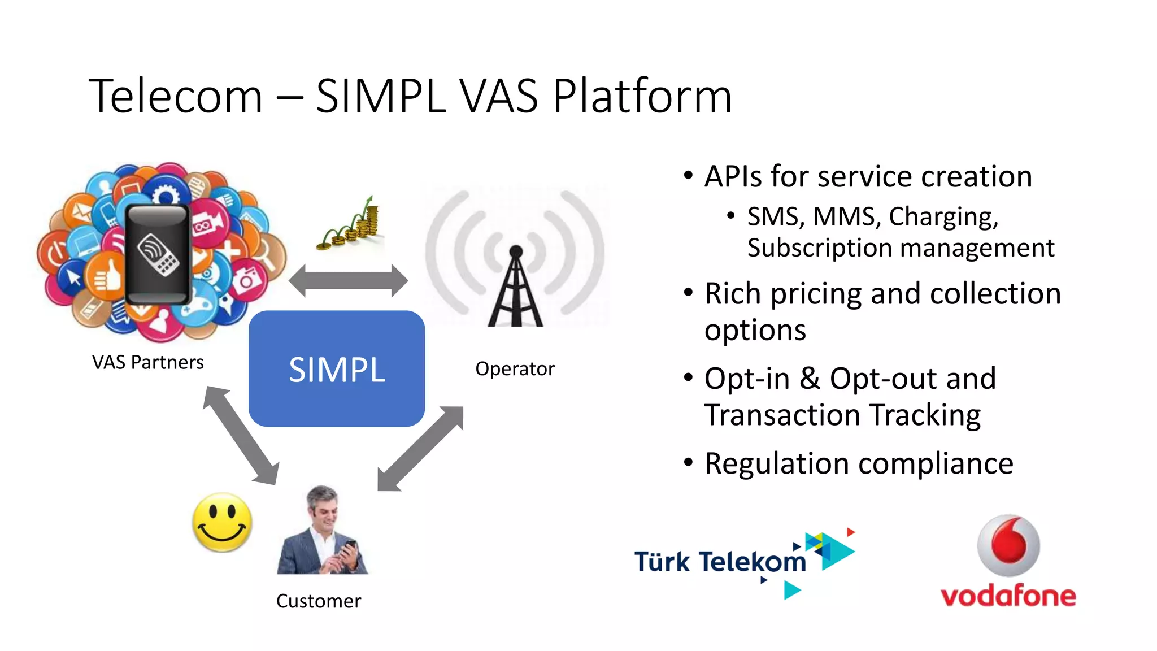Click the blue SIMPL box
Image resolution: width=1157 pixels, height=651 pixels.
[337, 368]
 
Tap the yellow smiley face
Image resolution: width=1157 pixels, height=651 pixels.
[222, 522]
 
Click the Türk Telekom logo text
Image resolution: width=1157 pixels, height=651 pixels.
[720, 562]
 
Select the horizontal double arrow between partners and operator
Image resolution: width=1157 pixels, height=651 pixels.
[348, 280]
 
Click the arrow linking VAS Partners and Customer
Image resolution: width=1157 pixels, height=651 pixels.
[241, 435]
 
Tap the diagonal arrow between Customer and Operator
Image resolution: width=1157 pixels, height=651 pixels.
[420, 449]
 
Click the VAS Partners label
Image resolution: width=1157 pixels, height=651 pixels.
[148, 362]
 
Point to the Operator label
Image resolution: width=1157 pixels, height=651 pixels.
[515, 369]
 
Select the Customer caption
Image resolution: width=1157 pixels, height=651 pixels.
[319, 601]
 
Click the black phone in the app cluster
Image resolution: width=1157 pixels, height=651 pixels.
[158, 255]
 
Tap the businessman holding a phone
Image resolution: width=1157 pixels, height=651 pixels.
[323, 531]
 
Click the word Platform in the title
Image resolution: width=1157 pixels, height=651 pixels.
[642, 96]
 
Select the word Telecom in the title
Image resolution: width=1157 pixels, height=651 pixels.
[176, 96]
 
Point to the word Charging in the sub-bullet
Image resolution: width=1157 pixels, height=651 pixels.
[943, 217]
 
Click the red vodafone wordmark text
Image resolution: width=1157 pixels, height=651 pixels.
[1008, 596]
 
